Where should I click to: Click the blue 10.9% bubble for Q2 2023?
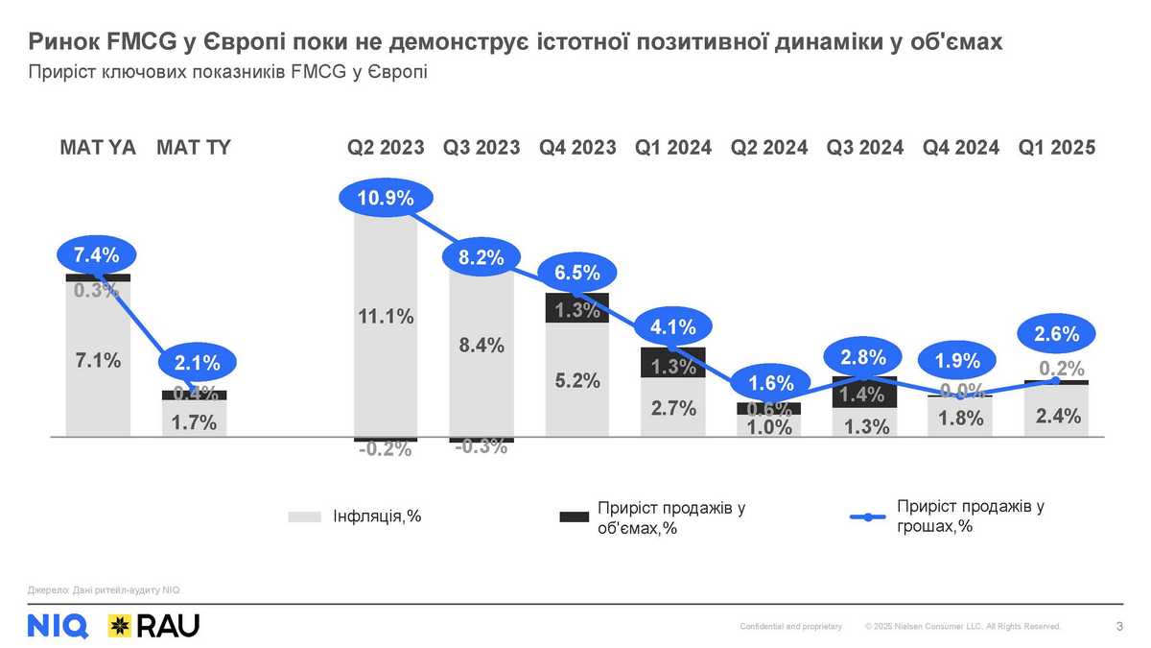(x=386, y=199)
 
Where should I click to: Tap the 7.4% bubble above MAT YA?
(x=96, y=255)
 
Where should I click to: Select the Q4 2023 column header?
(x=577, y=148)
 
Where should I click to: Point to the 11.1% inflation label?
(x=386, y=317)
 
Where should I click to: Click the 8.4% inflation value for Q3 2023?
(x=482, y=346)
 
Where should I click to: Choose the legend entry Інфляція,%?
(x=376, y=516)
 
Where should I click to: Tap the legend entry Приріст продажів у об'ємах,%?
(x=670, y=518)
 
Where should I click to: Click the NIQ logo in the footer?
(x=59, y=626)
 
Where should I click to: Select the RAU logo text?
(x=169, y=626)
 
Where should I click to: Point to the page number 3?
(x=1119, y=627)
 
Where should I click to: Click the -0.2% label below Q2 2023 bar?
(x=386, y=449)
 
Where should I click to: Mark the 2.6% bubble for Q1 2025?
(x=1057, y=335)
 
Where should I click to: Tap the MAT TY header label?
(x=194, y=148)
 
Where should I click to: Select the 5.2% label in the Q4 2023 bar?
(x=577, y=380)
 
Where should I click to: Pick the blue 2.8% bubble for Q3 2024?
(x=865, y=358)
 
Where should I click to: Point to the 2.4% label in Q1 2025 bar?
(x=1058, y=416)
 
